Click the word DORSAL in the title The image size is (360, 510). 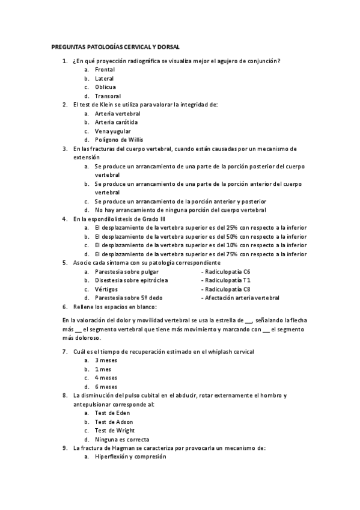pyautogui.click(x=167, y=46)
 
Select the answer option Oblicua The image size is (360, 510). pyautogui.click(x=105, y=87)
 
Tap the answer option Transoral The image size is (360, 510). pyautogui.click(x=108, y=96)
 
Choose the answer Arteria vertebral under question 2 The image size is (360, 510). pyautogui.click(x=117, y=113)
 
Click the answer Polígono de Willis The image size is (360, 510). pyautogui.click(x=118, y=140)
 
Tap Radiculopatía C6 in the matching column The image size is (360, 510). pyautogui.click(x=228, y=272)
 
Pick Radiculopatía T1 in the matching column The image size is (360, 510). pyautogui.click(x=228, y=280)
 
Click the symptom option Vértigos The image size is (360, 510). pyautogui.click(x=106, y=289)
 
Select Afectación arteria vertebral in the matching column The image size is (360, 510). pyautogui.click(x=242, y=298)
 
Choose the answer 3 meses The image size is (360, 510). pyautogui.click(x=106, y=360)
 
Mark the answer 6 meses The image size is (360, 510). pyautogui.click(x=106, y=387)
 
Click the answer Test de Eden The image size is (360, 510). pyautogui.click(x=112, y=413)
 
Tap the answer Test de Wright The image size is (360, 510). pyautogui.click(x=114, y=431)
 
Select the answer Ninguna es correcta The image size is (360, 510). pyautogui.click(x=122, y=440)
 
